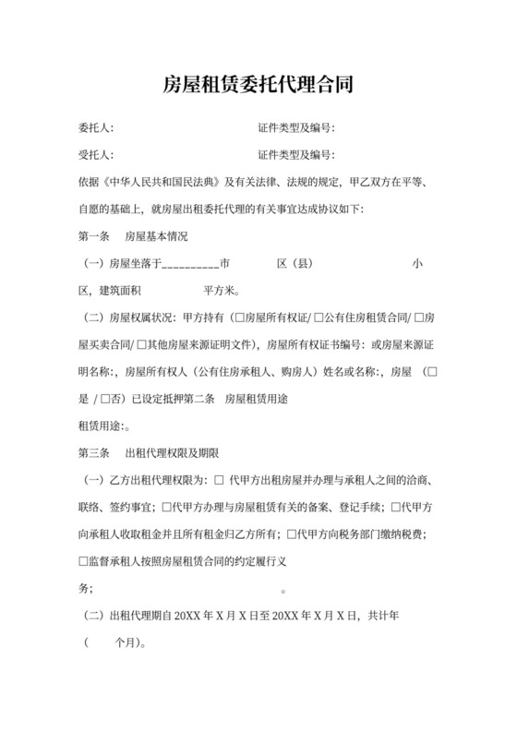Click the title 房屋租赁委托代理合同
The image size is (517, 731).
tap(258, 86)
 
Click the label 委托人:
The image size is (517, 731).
tap(96, 127)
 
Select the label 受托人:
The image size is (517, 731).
tap(96, 154)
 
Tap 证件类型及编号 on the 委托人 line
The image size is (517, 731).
tap(295, 127)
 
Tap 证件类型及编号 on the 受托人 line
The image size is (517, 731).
tap(295, 154)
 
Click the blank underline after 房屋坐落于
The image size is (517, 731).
tap(190, 265)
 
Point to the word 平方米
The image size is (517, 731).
tap(222, 292)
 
